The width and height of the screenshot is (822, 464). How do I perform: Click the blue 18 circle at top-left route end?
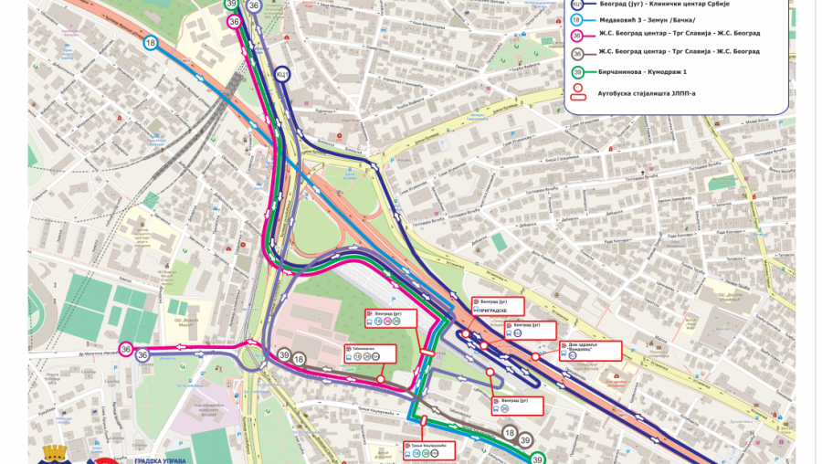point(150,42)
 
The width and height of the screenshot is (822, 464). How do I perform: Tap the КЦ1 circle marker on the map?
point(283,73)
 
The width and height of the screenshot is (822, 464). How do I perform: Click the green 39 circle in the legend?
point(577,73)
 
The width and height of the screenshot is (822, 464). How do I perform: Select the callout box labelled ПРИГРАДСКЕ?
point(498,306)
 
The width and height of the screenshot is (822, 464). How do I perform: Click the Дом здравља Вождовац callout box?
point(590,350)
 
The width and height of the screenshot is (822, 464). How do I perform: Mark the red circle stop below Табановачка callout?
point(380,378)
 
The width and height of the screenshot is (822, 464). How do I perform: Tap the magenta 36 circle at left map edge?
point(124,350)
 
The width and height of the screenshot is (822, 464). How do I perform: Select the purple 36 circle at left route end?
point(142,355)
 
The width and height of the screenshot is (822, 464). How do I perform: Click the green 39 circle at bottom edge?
point(538,459)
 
